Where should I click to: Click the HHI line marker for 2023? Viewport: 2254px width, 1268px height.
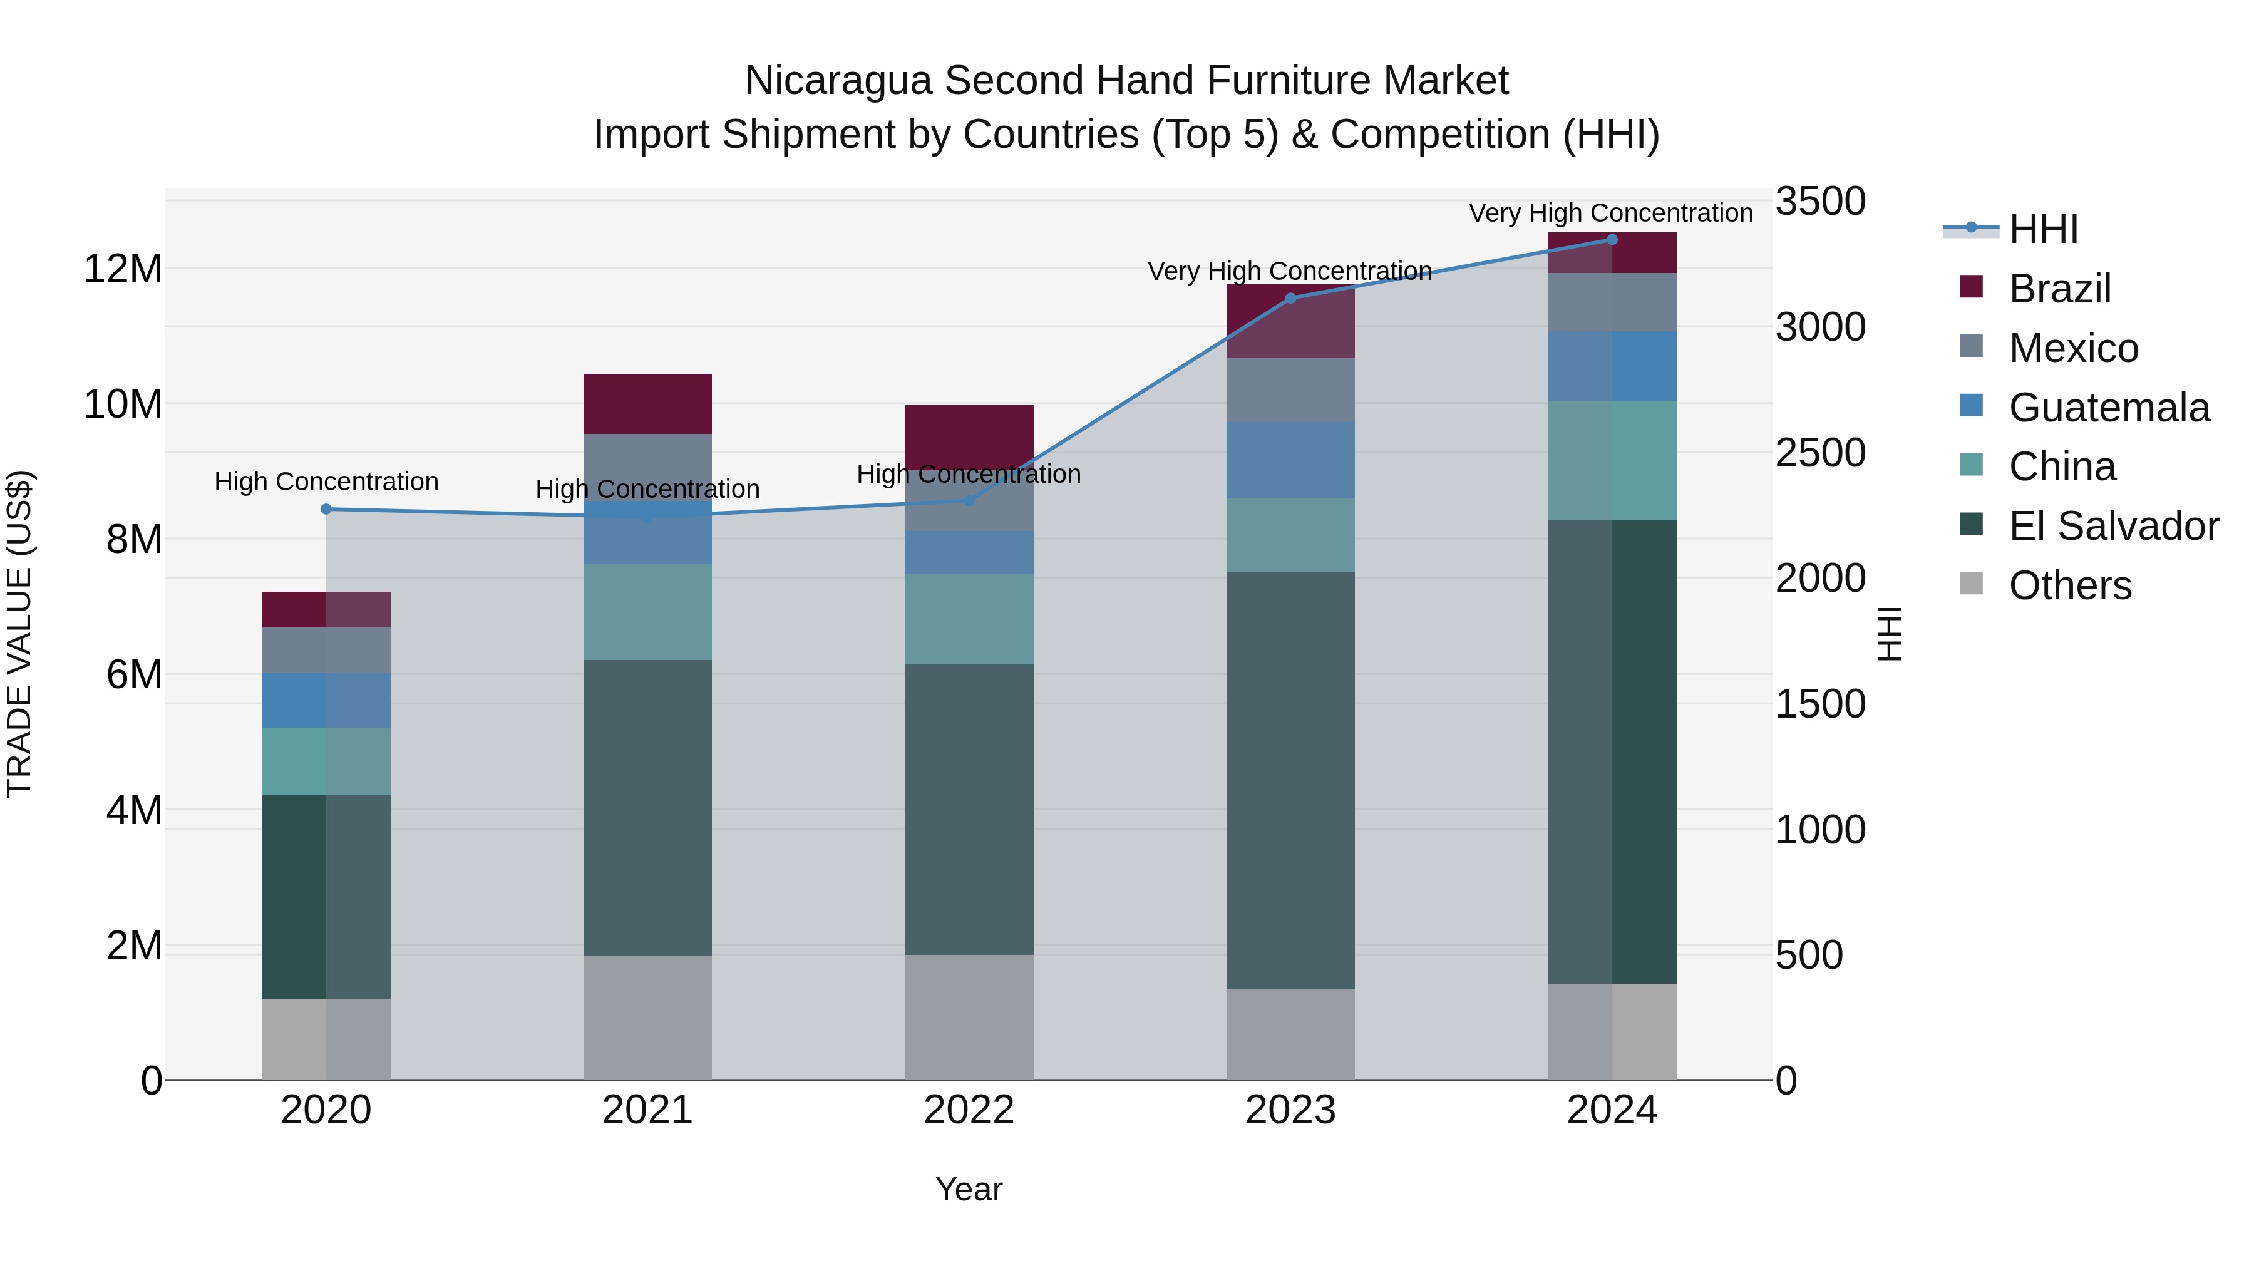click(1290, 299)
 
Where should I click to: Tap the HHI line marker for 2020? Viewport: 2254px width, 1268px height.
click(326, 509)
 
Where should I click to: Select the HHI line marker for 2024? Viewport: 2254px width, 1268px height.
click(1612, 240)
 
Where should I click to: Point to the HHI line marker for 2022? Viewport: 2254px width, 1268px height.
click(969, 500)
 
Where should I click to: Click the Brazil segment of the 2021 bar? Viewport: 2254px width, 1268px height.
click(647, 403)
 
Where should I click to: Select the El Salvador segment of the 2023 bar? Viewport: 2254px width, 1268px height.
click(1290, 780)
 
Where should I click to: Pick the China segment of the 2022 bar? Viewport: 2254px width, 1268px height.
click(969, 619)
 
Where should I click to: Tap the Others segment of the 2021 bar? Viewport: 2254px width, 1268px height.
click(647, 1017)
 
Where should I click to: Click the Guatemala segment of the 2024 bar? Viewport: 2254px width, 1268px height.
click(1612, 366)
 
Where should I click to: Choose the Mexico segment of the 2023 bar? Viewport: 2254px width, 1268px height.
click(1290, 389)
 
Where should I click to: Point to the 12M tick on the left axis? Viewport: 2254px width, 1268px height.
click(123, 269)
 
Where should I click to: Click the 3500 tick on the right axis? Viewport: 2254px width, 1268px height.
click(1820, 201)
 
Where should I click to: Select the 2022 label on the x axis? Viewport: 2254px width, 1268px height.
click(969, 1110)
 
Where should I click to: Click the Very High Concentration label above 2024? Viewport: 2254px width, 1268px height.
click(1610, 213)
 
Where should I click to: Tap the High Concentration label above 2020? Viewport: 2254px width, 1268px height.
click(326, 482)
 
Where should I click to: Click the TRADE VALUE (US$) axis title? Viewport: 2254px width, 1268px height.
click(19, 634)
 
